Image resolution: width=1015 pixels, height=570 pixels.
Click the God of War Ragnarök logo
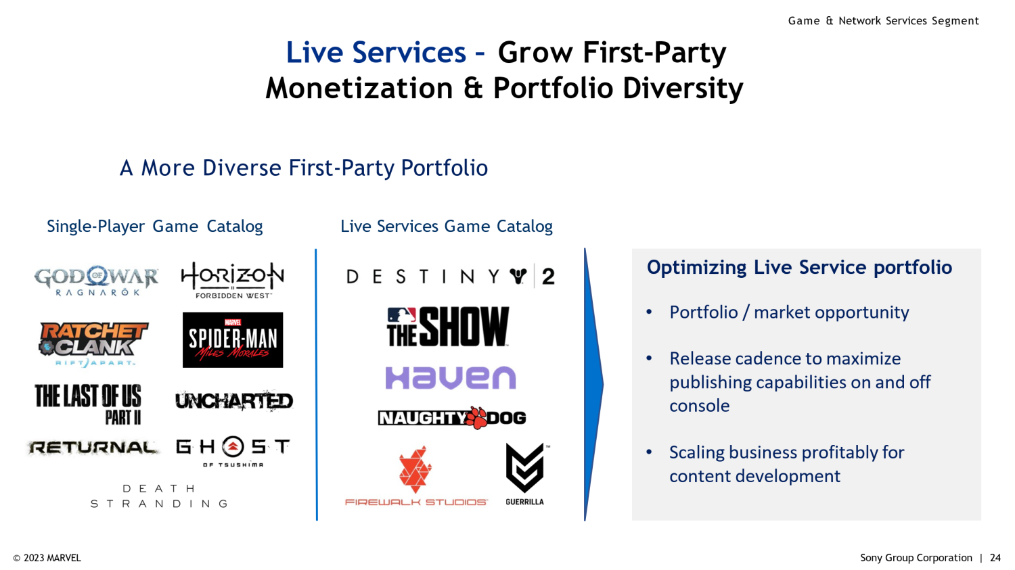[96, 281]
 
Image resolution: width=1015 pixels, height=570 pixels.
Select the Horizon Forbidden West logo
[233, 280]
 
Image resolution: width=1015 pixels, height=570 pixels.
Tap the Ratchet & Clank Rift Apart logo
[93, 344]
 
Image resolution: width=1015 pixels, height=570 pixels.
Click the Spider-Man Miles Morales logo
[233, 339]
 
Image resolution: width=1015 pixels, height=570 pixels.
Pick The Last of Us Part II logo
[89, 404]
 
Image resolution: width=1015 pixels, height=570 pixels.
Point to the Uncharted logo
[234, 401]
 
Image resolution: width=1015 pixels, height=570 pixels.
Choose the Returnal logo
[93, 448]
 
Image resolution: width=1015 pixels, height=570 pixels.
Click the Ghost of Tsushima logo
[233, 452]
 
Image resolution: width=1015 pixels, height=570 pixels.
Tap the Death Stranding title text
[159, 496]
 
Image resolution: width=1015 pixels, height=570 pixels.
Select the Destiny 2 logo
[451, 276]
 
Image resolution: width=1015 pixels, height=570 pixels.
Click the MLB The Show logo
[448, 327]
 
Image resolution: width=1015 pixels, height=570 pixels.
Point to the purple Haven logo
[451, 378]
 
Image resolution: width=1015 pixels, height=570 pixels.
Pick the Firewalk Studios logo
[416, 475]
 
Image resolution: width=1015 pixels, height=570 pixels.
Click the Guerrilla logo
[525, 474]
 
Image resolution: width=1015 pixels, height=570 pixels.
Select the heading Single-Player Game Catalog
[155, 226]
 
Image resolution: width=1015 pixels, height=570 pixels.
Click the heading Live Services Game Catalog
[447, 226]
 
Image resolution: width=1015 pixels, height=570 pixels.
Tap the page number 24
[995, 558]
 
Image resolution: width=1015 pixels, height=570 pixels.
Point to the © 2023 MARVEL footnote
[47, 558]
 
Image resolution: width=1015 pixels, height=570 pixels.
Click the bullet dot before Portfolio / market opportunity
[649, 312]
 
